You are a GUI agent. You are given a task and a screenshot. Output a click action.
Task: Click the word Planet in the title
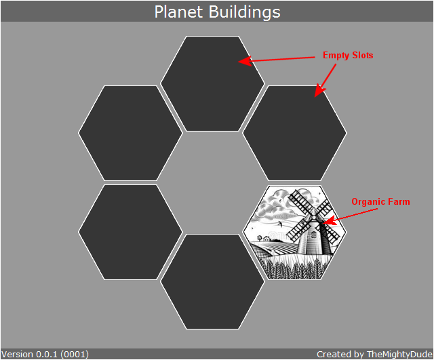(x=178, y=12)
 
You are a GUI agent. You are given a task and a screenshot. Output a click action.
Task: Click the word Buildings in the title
(x=244, y=12)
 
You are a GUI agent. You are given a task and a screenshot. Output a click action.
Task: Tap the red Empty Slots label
(x=348, y=56)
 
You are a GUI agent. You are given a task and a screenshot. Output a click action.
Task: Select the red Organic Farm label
(x=380, y=202)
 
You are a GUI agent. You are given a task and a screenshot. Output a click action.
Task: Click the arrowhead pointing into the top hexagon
(x=245, y=61)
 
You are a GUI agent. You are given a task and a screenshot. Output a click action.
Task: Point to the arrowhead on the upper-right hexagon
(x=319, y=90)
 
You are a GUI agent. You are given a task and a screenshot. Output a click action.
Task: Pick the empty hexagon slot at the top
(x=212, y=83)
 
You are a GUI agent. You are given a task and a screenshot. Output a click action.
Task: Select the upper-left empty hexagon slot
(x=130, y=133)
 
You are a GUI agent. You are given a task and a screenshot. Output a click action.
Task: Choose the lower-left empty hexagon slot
(x=130, y=232)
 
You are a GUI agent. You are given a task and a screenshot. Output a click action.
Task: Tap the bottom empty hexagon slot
(x=212, y=281)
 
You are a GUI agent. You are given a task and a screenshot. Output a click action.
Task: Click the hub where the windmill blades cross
(x=313, y=218)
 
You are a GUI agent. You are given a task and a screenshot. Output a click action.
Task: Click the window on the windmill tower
(x=313, y=235)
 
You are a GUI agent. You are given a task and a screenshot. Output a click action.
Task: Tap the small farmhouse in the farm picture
(x=267, y=238)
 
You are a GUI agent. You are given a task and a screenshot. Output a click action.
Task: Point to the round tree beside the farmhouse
(x=259, y=237)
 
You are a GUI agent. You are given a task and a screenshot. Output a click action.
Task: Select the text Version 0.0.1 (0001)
(x=45, y=355)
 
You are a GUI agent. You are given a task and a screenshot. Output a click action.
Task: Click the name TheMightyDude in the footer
(x=399, y=355)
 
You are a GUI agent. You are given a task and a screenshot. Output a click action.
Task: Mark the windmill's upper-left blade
(x=301, y=202)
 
